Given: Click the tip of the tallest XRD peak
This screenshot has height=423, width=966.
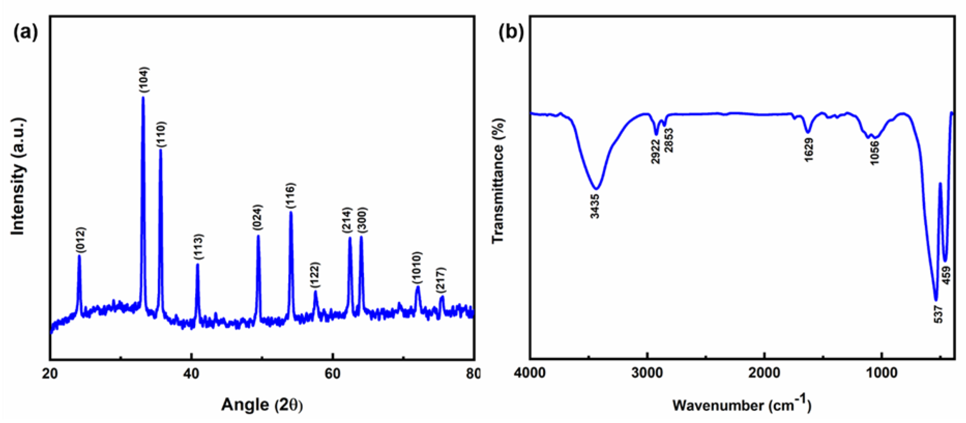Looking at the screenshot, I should tap(143, 97).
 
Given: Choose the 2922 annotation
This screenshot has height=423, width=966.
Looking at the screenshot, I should tap(655, 152).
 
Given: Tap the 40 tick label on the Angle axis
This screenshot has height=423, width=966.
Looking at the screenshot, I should tap(191, 374).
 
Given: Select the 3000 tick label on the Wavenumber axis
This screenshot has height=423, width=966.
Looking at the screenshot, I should tap(647, 374).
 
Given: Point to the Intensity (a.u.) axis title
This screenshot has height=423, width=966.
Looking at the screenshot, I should tap(18, 177).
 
